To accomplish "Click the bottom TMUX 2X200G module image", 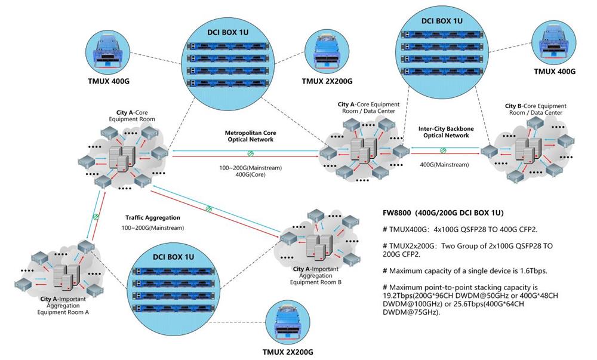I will [x=287, y=325].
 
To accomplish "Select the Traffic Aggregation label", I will [x=152, y=218].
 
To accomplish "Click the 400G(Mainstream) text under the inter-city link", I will [x=444, y=164].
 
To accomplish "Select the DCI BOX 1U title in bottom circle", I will [x=173, y=257].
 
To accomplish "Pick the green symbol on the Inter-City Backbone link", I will [x=442, y=150].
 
